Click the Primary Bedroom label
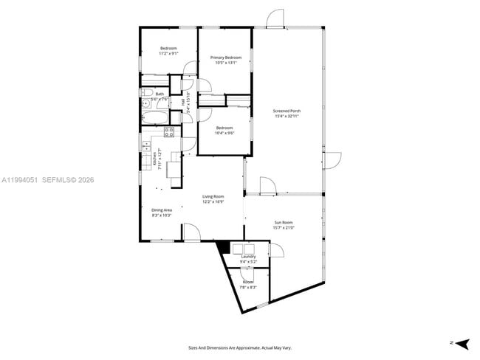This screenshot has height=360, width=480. point(226,58)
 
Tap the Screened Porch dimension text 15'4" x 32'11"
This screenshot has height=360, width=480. point(287,116)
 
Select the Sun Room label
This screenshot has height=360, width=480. point(284,222)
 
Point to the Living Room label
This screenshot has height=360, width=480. point(213,196)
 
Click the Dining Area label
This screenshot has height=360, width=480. point(162,210)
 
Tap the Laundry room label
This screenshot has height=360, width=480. point(247,257)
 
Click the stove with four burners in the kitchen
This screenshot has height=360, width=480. point(169,133)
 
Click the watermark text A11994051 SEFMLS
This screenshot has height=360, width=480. point(48,180)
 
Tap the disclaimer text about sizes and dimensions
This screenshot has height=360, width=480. point(240,347)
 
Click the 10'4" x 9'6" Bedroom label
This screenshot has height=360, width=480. point(224,131)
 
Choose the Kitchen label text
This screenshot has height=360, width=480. point(154,156)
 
